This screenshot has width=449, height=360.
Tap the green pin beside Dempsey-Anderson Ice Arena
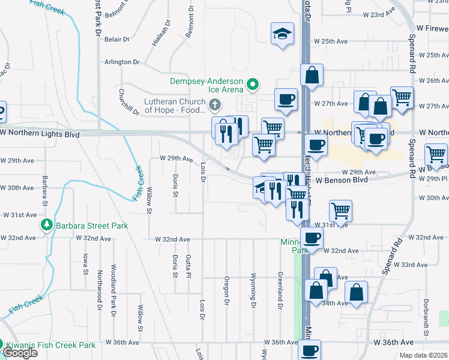(x=253, y=85)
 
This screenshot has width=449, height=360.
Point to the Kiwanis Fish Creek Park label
(x=50, y=346)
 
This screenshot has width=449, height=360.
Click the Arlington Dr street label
(x=122, y=62)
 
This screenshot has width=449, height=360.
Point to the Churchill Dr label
(x=128, y=101)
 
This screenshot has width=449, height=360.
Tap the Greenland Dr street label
(x=280, y=290)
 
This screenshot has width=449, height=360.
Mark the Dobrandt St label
(x=425, y=313)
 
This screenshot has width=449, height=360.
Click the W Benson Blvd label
(x=341, y=179)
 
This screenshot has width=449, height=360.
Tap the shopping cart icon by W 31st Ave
(x=340, y=211)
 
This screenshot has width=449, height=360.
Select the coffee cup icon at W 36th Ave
(x=310, y=350)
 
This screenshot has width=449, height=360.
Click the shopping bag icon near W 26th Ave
(x=312, y=75)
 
